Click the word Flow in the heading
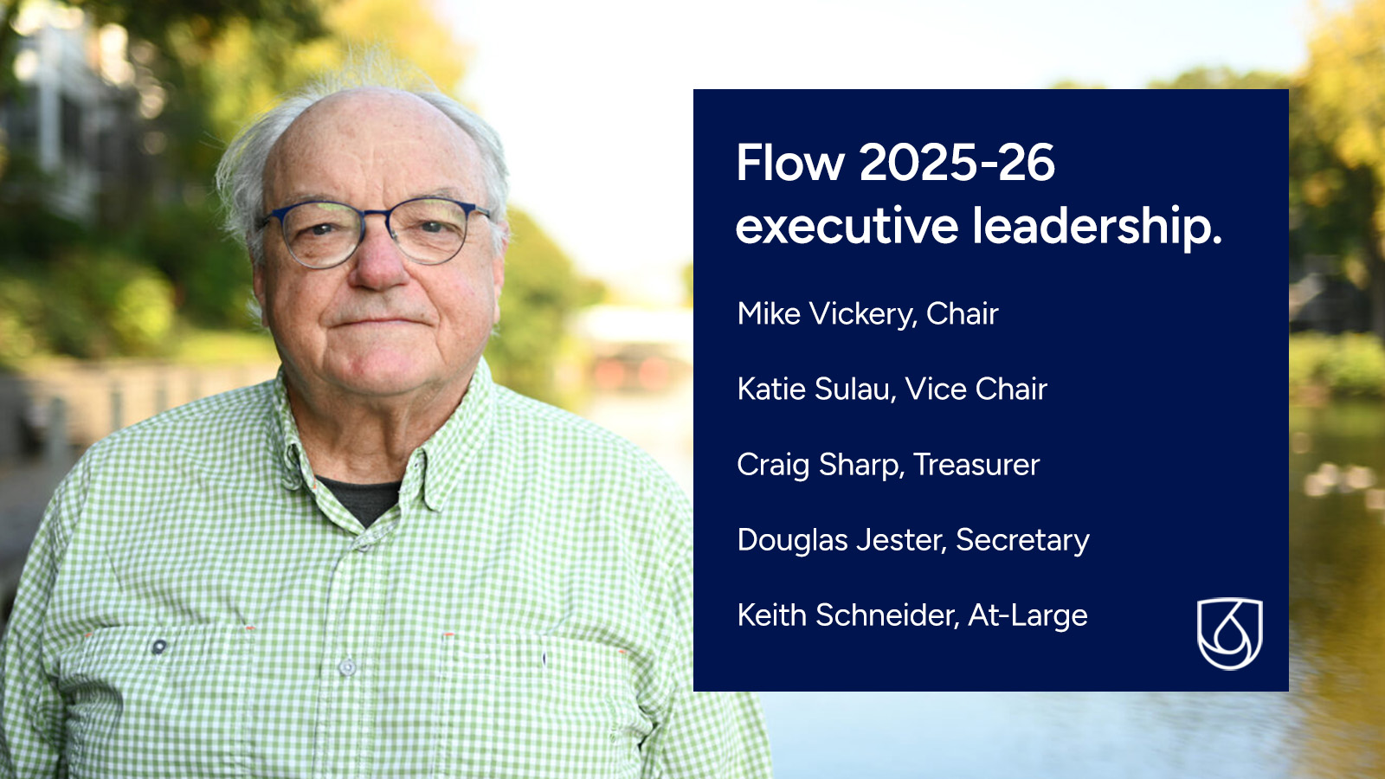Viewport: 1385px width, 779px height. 790,163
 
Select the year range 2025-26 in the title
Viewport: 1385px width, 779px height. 957,163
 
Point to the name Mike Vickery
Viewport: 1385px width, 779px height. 826,315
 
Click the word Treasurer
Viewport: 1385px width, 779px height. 977,465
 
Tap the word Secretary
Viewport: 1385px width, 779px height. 1022,541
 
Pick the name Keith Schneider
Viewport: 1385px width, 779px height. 847,615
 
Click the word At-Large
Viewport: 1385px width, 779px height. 1028,616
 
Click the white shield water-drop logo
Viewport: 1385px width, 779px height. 1230,633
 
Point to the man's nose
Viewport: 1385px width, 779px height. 379,263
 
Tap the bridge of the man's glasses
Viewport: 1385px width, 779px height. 375,216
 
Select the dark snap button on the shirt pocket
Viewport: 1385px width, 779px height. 159,647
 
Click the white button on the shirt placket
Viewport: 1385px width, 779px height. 347,667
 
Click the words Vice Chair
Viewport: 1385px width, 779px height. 976,389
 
